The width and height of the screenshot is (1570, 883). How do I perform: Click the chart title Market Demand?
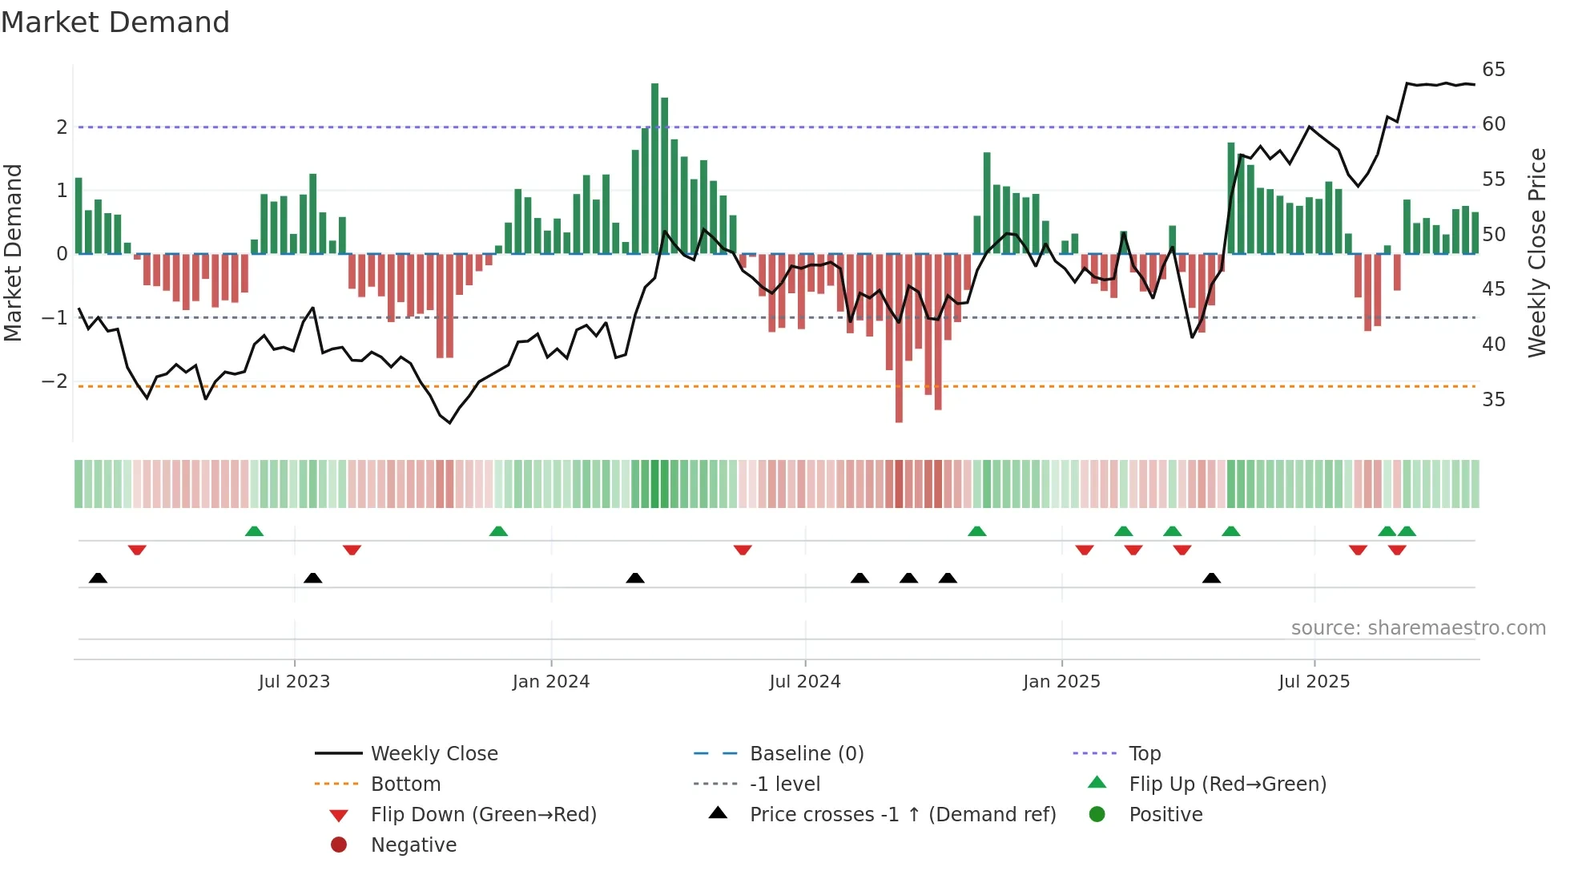point(115,22)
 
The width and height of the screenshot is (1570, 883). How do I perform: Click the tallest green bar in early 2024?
point(654,168)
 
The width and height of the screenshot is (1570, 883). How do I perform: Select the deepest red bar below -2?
point(899,337)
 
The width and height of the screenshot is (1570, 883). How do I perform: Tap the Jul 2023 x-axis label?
point(294,682)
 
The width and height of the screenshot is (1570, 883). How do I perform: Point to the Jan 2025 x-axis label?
point(1061,682)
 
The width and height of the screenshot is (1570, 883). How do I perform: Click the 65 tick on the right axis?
point(1493,70)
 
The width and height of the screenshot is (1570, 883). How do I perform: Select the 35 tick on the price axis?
point(1493,399)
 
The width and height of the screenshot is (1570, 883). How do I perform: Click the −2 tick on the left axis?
point(54,381)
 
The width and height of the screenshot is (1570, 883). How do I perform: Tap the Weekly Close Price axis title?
point(1536,252)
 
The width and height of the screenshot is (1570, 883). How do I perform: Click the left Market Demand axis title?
point(13,252)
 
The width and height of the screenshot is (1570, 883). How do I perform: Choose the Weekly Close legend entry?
point(433,754)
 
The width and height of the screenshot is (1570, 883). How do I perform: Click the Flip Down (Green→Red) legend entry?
point(483,815)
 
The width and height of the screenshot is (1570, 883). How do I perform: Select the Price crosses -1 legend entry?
point(902,815)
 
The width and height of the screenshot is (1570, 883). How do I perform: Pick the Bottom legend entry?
point(405,784)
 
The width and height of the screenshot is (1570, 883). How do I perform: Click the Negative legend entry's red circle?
point(339,845)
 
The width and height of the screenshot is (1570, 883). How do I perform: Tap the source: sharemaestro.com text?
point(1418,628)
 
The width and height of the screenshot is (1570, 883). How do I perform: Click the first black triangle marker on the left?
point(98,578)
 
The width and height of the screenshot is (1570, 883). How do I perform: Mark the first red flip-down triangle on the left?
point(137,550)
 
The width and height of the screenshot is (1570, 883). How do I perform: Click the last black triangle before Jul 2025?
point(1211,578)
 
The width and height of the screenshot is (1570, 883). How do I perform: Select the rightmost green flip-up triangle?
point(1407,531)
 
